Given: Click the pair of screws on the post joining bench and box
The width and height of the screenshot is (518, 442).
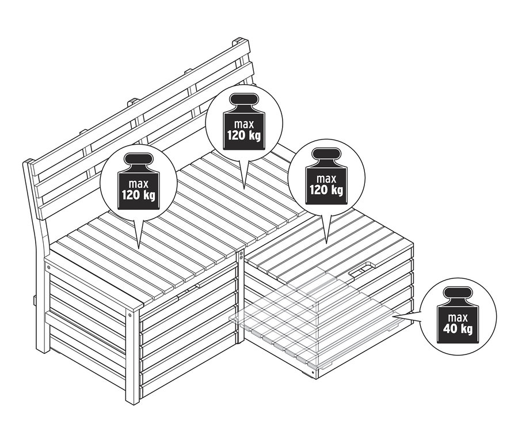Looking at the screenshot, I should click(242, 255).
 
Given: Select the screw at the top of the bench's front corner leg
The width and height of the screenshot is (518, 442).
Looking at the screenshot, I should click(131, 315).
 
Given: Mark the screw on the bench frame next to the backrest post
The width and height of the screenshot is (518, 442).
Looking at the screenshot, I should click(49, 267).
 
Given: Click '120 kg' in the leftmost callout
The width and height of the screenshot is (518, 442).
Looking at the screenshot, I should click(138, 195).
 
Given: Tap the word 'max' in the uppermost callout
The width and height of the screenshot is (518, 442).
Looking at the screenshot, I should click(242, 123).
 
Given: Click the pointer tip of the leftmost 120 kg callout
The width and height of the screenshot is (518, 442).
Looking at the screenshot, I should click(139, 247).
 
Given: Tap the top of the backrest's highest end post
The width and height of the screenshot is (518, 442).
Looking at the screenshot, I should click(241, 41).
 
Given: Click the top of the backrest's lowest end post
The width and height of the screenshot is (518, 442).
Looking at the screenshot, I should click(27, 163).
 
